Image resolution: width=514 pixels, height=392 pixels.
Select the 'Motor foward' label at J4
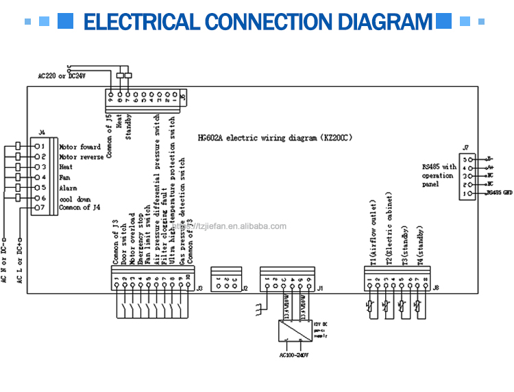point(79,147)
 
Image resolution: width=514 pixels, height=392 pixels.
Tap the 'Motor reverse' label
point(82,157)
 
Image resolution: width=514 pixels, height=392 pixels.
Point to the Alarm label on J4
point(68,188)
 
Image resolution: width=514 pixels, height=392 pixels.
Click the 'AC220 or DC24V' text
point(62,75)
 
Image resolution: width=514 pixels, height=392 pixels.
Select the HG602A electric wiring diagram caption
point(274,137)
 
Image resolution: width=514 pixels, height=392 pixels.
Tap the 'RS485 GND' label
point(499,194)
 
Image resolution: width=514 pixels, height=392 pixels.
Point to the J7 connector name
point(465,147)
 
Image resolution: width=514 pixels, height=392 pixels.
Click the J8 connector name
point(437,288)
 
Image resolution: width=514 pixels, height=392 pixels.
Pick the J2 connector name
point(245,289)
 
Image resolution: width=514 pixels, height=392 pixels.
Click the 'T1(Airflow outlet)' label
point(374,233)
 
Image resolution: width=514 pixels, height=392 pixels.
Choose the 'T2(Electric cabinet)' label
point(389,229)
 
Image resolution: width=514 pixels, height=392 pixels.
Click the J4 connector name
point(42,132)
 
